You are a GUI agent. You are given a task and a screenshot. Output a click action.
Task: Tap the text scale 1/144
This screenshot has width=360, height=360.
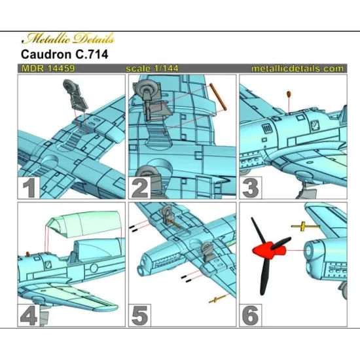click(x=152, y=68)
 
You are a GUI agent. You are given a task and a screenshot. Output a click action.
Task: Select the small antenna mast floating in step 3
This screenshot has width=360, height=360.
click(x=288, y=96)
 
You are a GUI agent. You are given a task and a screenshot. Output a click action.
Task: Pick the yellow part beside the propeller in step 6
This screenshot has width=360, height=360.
click(x=305, y=226)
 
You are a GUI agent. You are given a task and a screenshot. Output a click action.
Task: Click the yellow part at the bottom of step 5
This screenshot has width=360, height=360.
click(x=214, y=300)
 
